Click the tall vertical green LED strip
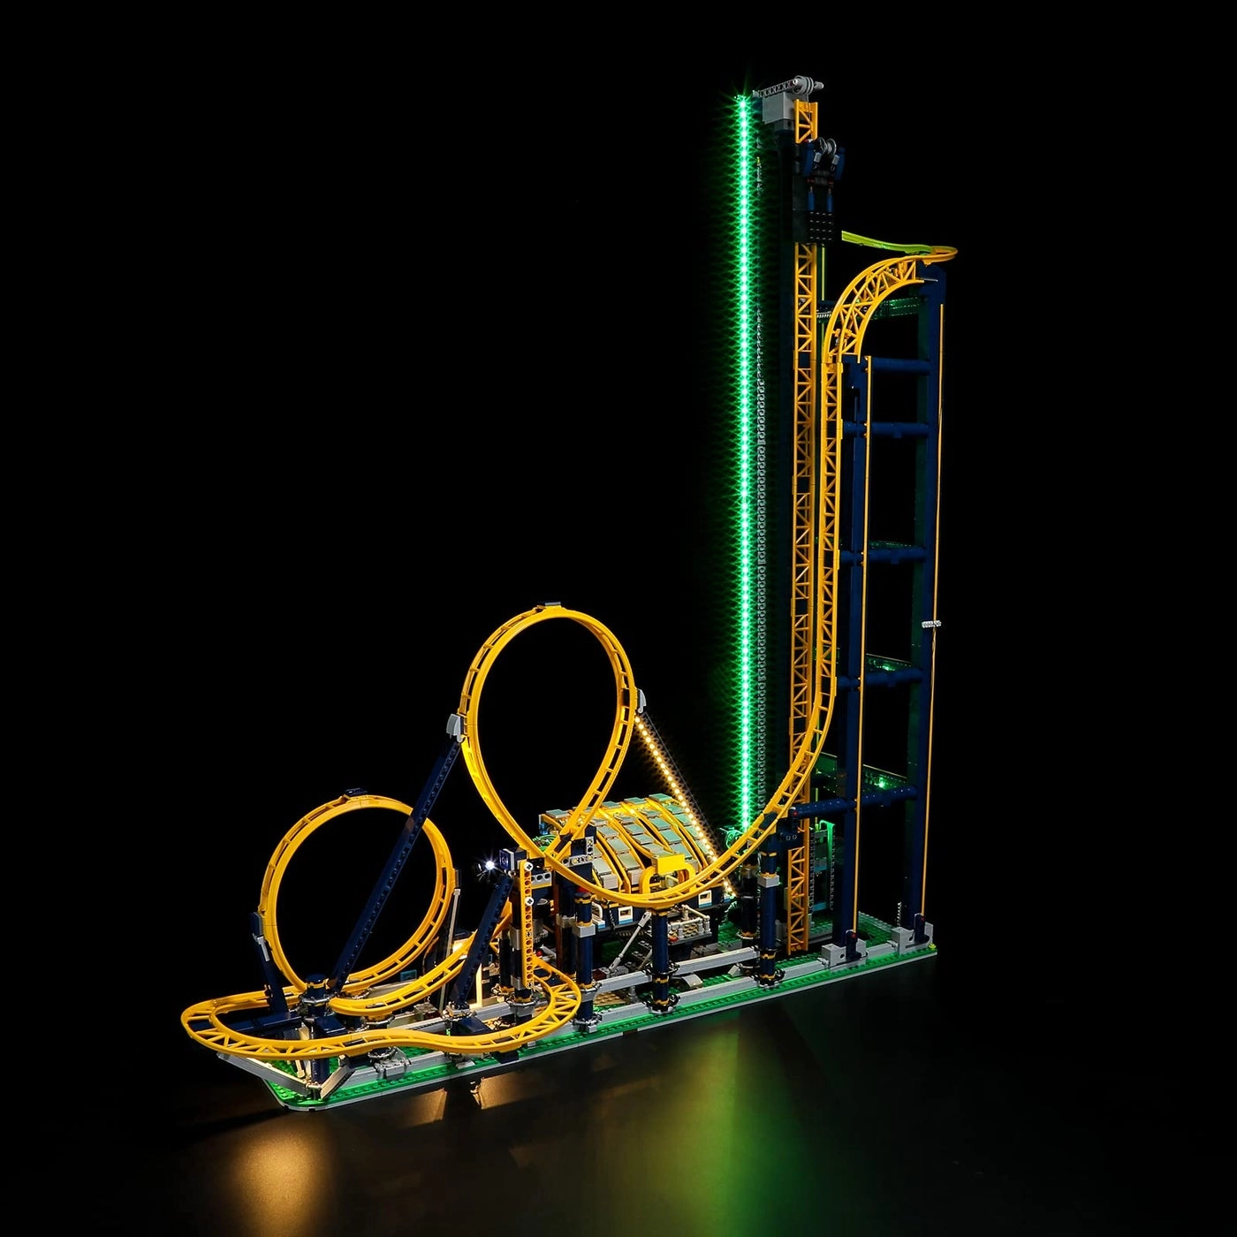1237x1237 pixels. tap(745, 442)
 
